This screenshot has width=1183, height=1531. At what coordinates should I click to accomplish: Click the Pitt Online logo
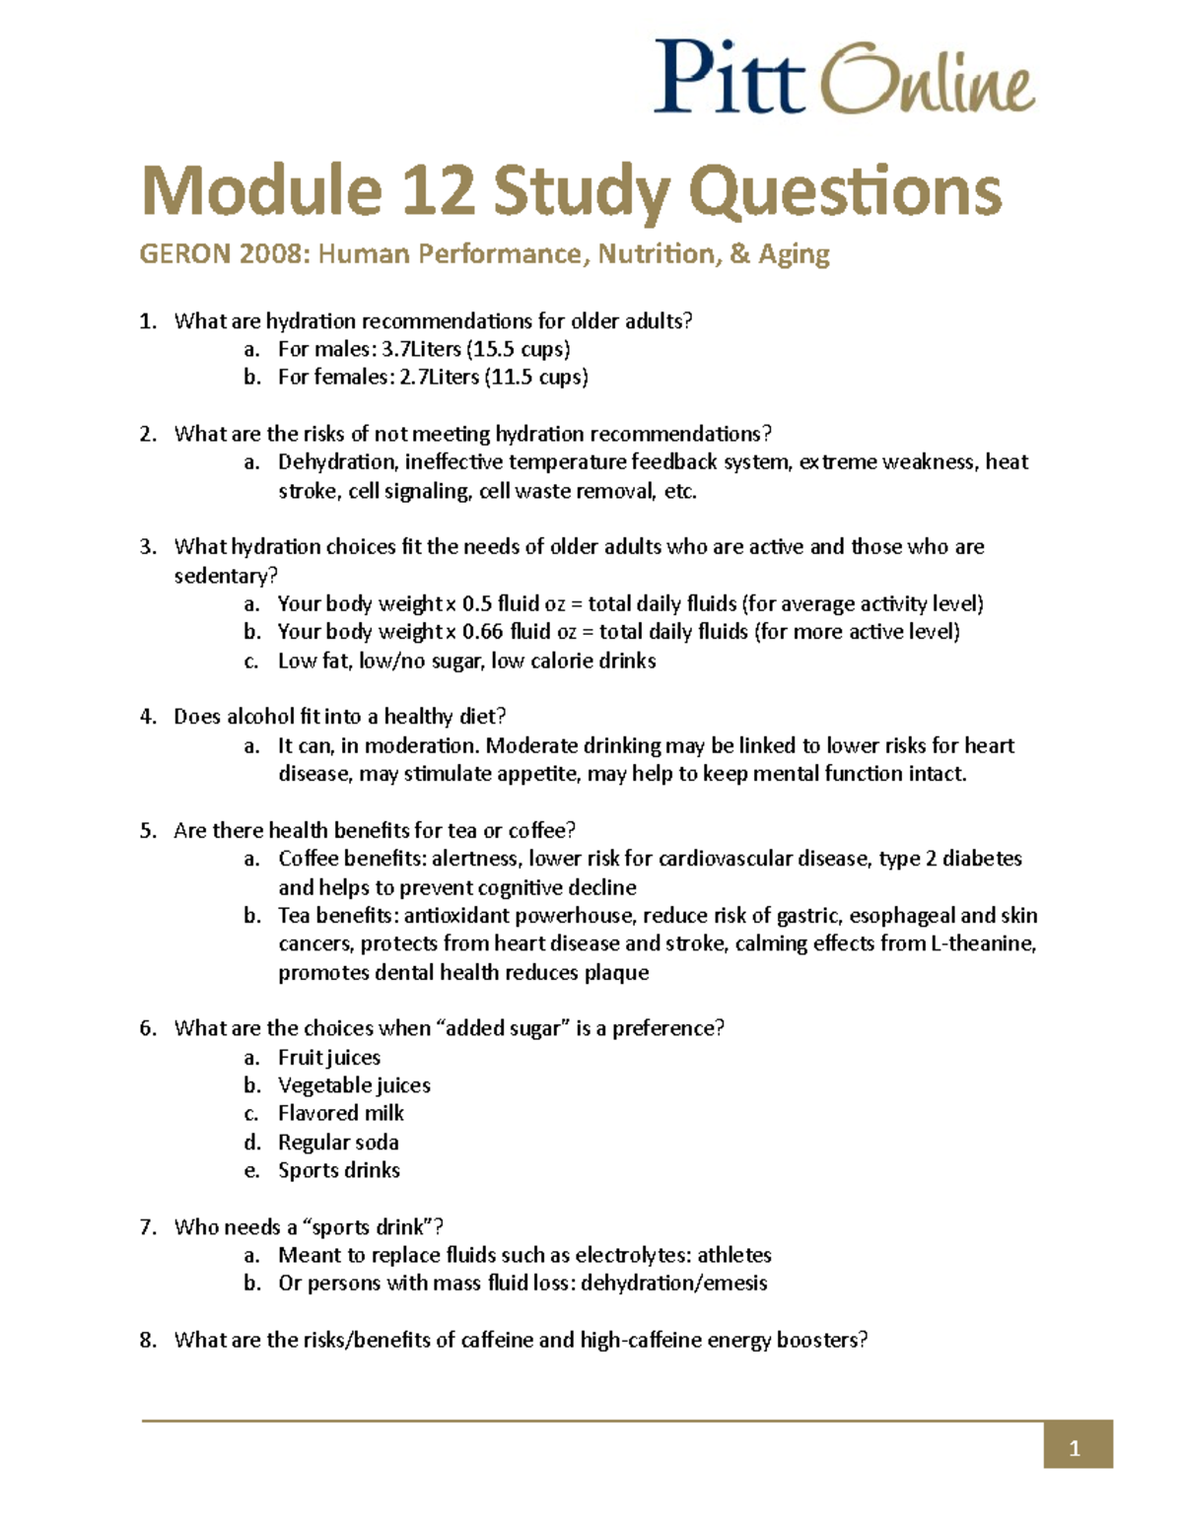pyautogui.click(x=844, y=77)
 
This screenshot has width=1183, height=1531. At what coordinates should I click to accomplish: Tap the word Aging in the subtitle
pyautogui.click(x=794, y=254)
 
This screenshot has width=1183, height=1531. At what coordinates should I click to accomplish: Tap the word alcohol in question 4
pyautogui.click(x=261, y=717)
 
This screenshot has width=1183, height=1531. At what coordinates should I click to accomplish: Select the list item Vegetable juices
pyautogui.click(x=354, y=1085)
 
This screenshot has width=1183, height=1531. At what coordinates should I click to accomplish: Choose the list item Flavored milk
pyautogui.click(x=341, y=1113)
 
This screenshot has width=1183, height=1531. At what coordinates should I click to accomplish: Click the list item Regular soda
pyautogui.click(x=338, y=1143)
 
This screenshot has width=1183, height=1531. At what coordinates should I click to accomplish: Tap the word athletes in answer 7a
pyautogui.click(x=734, y=1255)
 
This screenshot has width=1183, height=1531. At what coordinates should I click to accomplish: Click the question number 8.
pyautogui.click(x=148, y=1340)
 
